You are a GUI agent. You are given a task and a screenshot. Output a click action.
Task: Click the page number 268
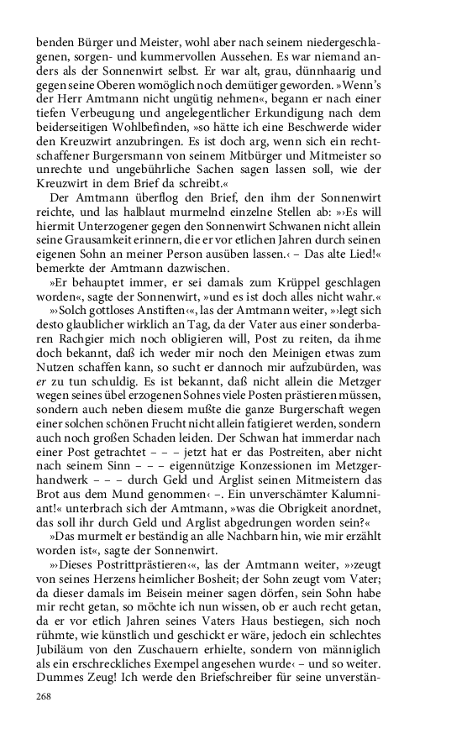(x=46, y=696)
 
